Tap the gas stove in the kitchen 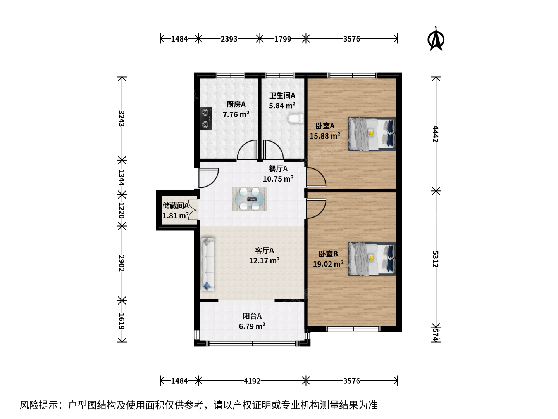coord(206,119)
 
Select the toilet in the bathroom coord(296,119)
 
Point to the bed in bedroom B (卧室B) coord(372,259)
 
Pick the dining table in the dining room coord(249,199)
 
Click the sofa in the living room coord(207,264)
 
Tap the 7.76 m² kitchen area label coord(236,114)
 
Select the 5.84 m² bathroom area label coord(282,106)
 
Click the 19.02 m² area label coord(328,264)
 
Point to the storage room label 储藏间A coord(176,205)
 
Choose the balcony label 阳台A coord(252,316)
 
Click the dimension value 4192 coord(252,381)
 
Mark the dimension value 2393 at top coord(229,39)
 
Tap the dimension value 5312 coord(436,259)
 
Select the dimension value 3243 coord(122,119)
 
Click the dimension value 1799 coord(283,39)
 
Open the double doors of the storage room coord(194,209)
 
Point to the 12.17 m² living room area coord(264,260)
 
